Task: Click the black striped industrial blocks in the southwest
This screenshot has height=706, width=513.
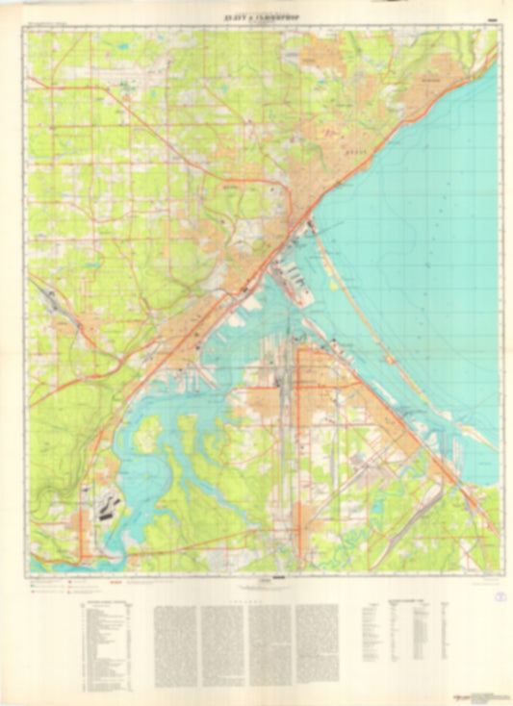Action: (107, 507)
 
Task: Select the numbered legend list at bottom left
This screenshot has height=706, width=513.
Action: (106, 644)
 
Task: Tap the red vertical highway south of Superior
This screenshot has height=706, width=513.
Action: (297, 452)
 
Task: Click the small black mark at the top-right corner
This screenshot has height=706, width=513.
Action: (493, 16)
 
